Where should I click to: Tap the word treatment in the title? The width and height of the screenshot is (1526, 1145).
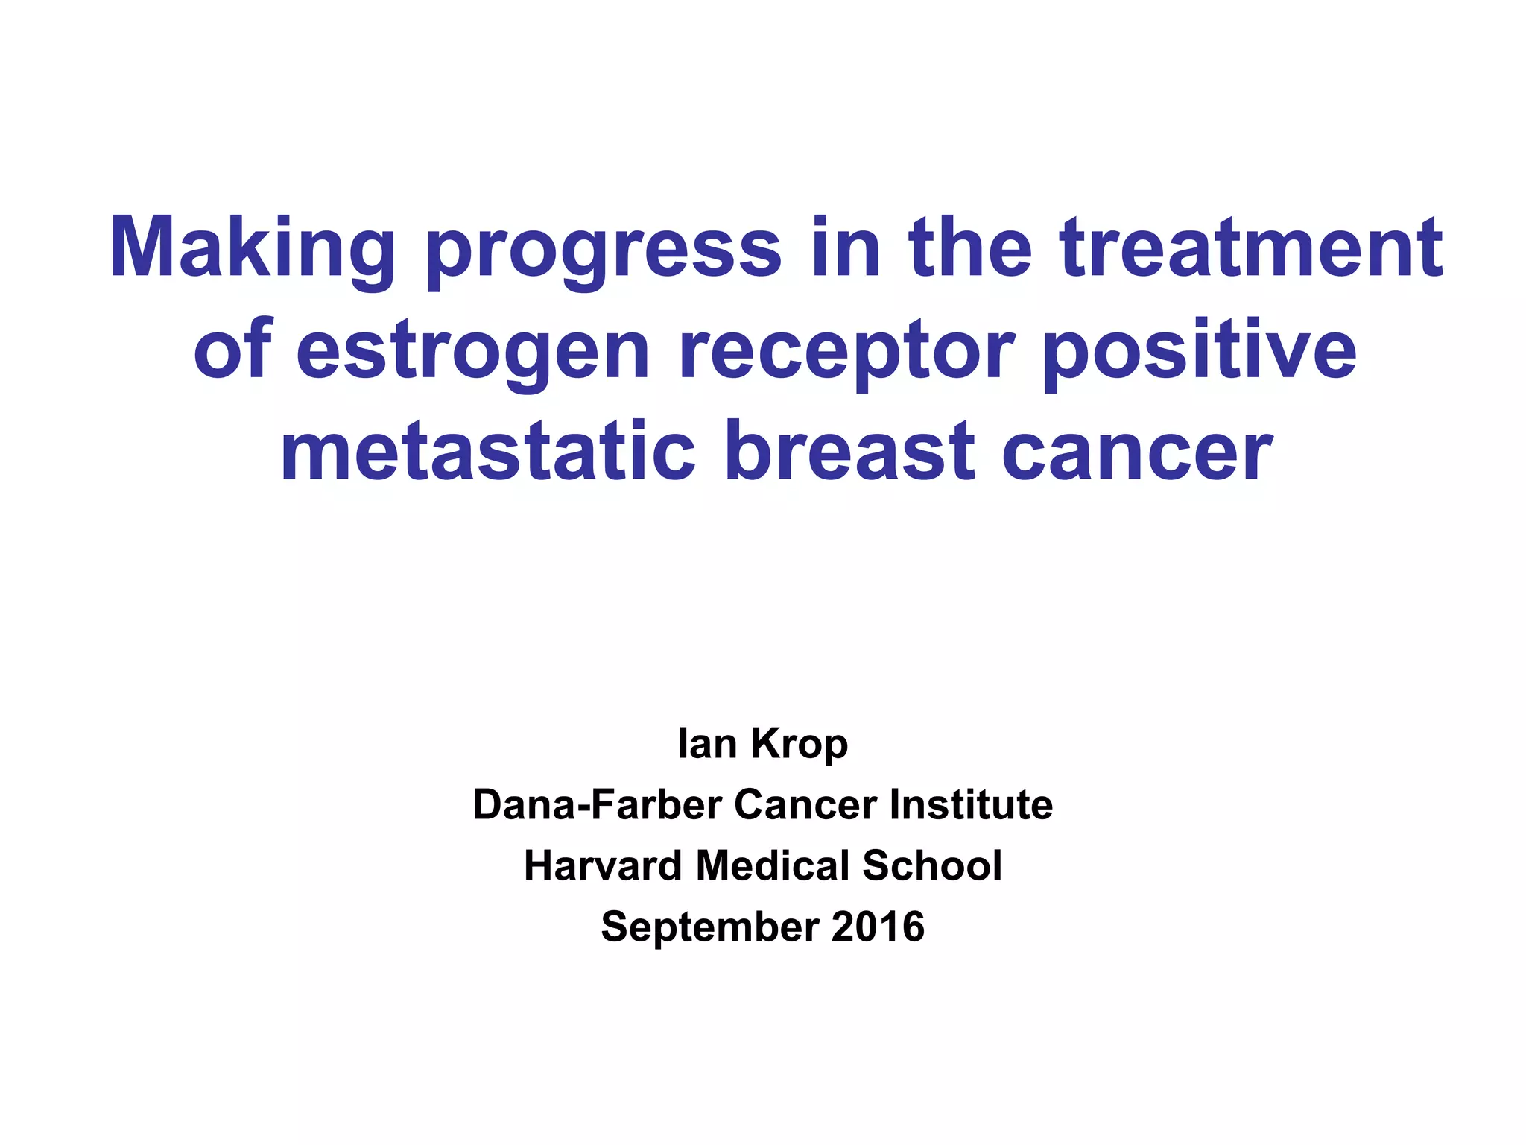pos(1251,247)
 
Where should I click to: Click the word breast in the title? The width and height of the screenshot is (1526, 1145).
pos(849,452)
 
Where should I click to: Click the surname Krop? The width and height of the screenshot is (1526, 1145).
pos(800,744)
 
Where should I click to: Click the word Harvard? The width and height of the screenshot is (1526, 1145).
pos(603,865)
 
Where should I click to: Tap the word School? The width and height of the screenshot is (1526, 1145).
pos(932,865)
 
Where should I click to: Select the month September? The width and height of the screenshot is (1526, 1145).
pos(709,927)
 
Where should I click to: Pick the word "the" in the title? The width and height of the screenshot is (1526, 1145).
pos(969,247)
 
